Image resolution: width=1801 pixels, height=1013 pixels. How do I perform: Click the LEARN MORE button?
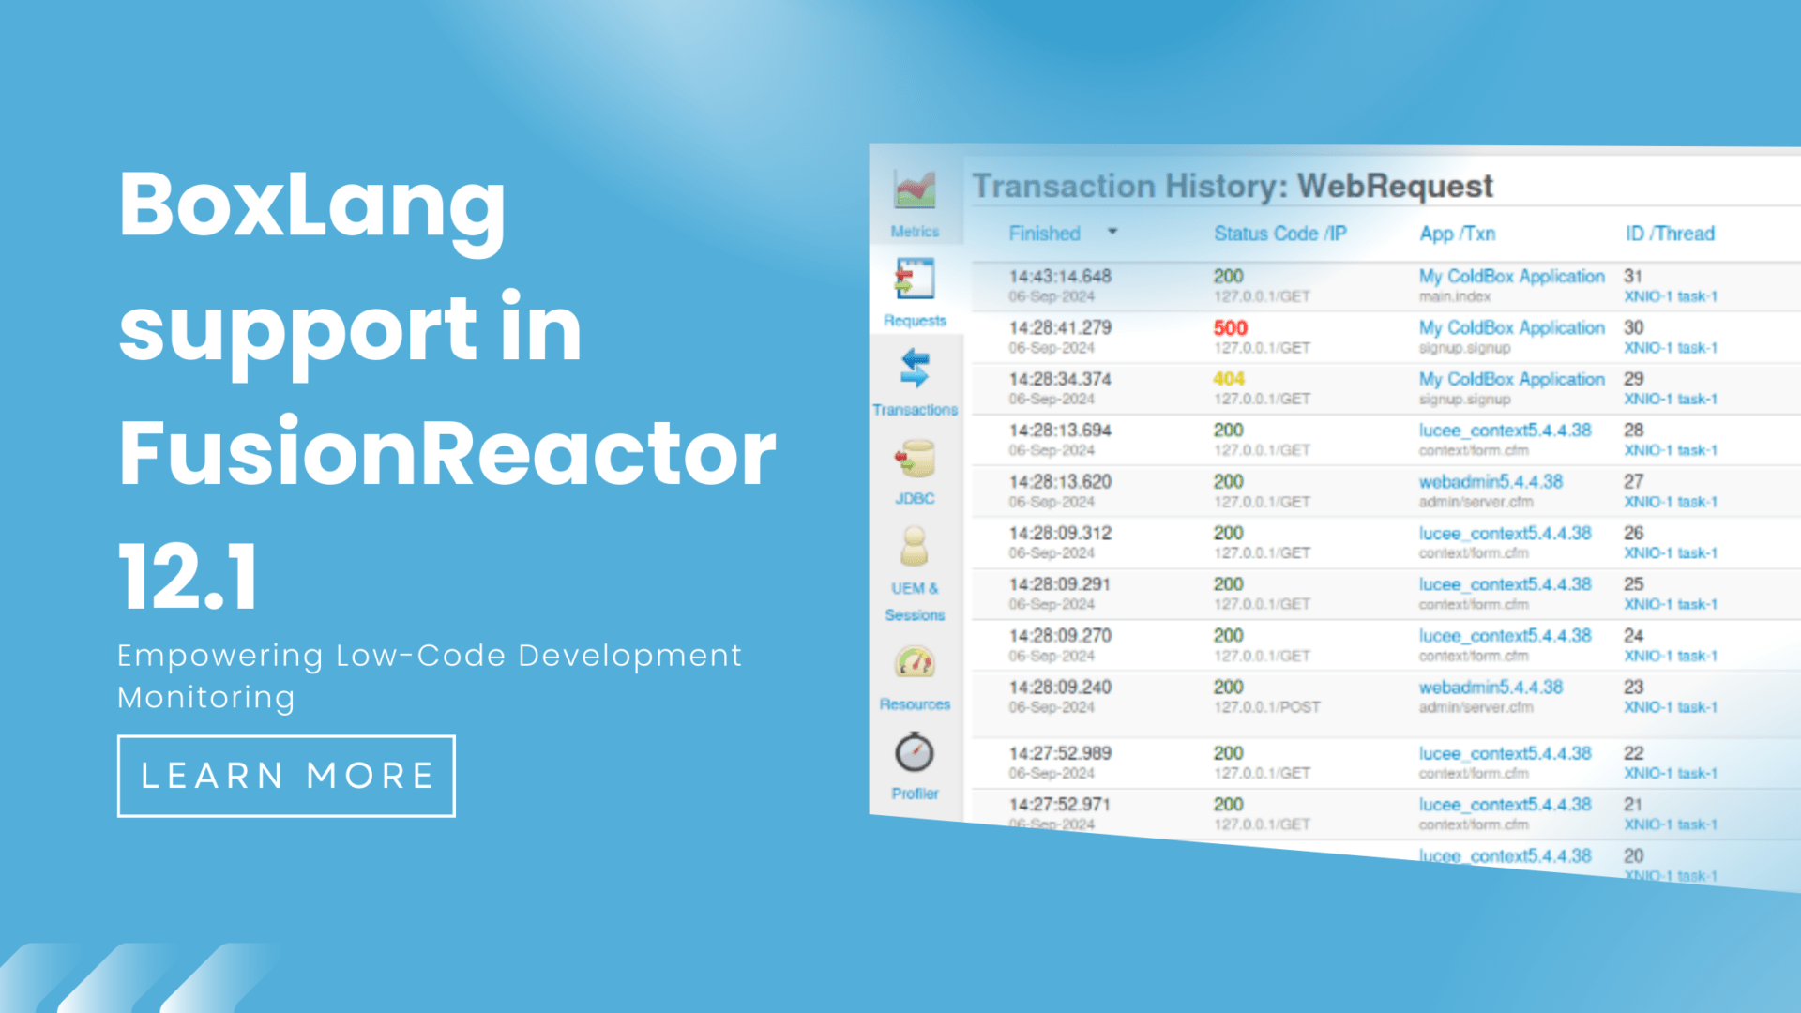pyautogui.click(x=286, y=776)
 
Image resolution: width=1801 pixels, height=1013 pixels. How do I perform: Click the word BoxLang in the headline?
pyautogui.click(x=311, y=205)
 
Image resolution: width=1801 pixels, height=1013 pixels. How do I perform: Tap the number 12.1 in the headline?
pyautogui.click(x=188, y=576)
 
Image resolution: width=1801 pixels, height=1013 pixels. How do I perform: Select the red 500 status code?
pyautogui.click(x=1230, y=328)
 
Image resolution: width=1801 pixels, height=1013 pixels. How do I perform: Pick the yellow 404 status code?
pyautogui.click(x=1228, y=379)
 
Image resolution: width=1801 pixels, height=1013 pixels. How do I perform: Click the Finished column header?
pyautogui.click(x=1044, y=234)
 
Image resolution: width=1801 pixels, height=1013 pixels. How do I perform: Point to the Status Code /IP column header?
pyautogui.click(x=1279, y=234)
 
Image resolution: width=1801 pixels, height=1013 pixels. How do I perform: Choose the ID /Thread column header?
pyautogui.click(x=1670, y=234)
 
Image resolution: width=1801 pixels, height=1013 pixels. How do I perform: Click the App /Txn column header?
pyautogui.click(x=1457, y=234)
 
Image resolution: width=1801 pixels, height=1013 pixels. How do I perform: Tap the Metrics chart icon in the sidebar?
pyautogui.click(x=915, y=190)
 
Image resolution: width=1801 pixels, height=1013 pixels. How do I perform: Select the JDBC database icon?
pyautogui.click(x=915, y=461)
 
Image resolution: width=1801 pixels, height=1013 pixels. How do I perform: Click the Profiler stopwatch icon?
pyautogui.click(x=915, y=753)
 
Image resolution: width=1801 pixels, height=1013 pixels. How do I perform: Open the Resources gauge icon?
pyautogui.click(x=915, y=663)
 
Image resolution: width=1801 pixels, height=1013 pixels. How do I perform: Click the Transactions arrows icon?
pyautogui.click(x=915, y=369)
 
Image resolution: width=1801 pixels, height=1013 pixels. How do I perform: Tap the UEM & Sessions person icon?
pyautogui.click(x=914, y=547)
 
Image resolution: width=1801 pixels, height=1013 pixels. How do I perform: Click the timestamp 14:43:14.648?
pyautogui.click(x=1060, y=277)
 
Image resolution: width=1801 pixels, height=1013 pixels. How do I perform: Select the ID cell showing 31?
pyautogui.click(x=1633, y=277)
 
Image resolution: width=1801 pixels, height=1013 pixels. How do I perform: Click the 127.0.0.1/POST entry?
pyautogui.click(x=1266, y=707)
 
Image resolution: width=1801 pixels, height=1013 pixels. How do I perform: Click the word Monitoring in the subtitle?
pyautogui.click(x=206, y=698)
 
